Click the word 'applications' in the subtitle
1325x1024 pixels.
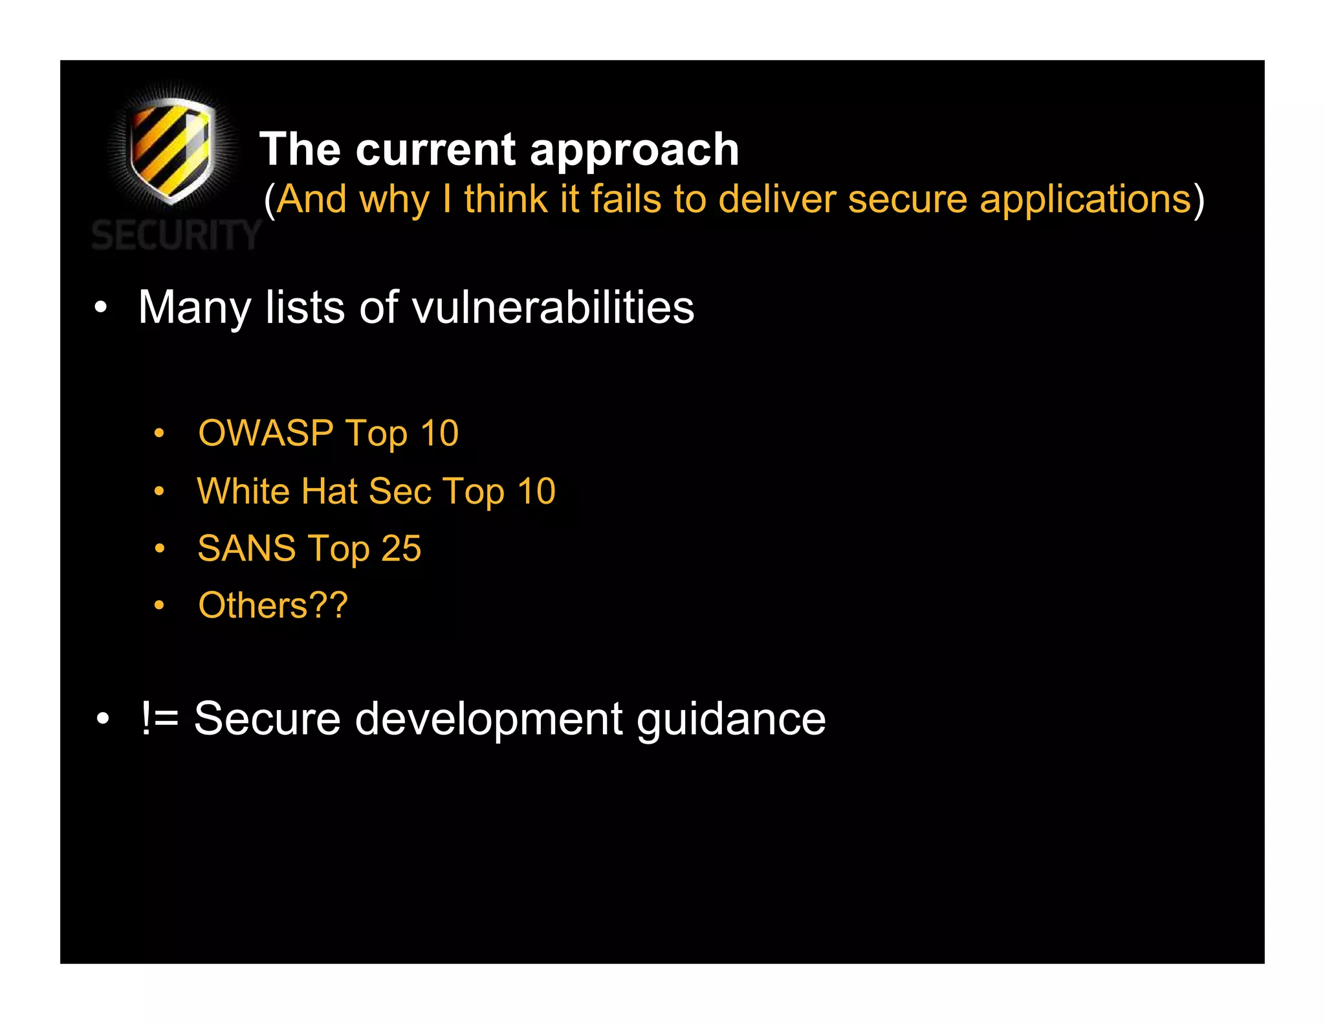click(x=1085, y=200)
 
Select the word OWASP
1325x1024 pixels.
click(x=266, y=432)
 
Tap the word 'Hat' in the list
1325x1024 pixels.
click(x=329, y=491)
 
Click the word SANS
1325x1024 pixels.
click(x=246, y=548)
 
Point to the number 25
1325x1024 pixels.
click(x=401, y=548)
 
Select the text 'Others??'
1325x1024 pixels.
click(x=273, y=606)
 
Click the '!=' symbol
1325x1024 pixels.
click(x=159, y=718)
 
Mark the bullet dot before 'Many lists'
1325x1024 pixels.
click(x=100, y=308)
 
